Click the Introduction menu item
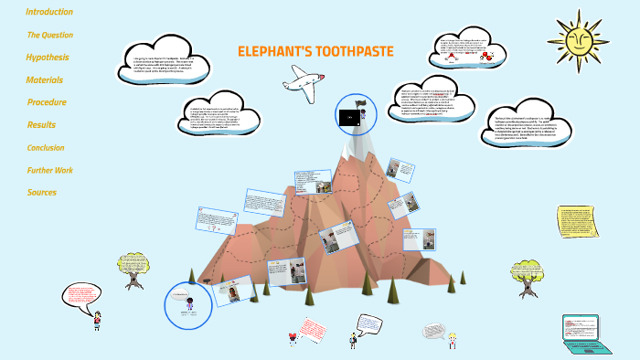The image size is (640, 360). [x=49, y=12]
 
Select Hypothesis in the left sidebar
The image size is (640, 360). [x=48, y=58]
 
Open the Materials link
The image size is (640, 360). [x=45, y=80]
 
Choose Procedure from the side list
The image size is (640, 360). [x=47, y=102]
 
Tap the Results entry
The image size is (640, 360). [x=41, y=125]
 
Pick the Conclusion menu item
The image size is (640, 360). [x=46, y=147]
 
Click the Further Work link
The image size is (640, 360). [x=50, y=170]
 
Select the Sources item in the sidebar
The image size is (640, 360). [x=42, y=192]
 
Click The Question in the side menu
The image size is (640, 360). [x=49, y=35]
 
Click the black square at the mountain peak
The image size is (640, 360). [x=348, y=118]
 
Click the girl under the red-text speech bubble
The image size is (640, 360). [x=96, y=321]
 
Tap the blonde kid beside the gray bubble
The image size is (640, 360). [x=452, y=341]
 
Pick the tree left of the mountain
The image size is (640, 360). [x=130, y=270]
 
